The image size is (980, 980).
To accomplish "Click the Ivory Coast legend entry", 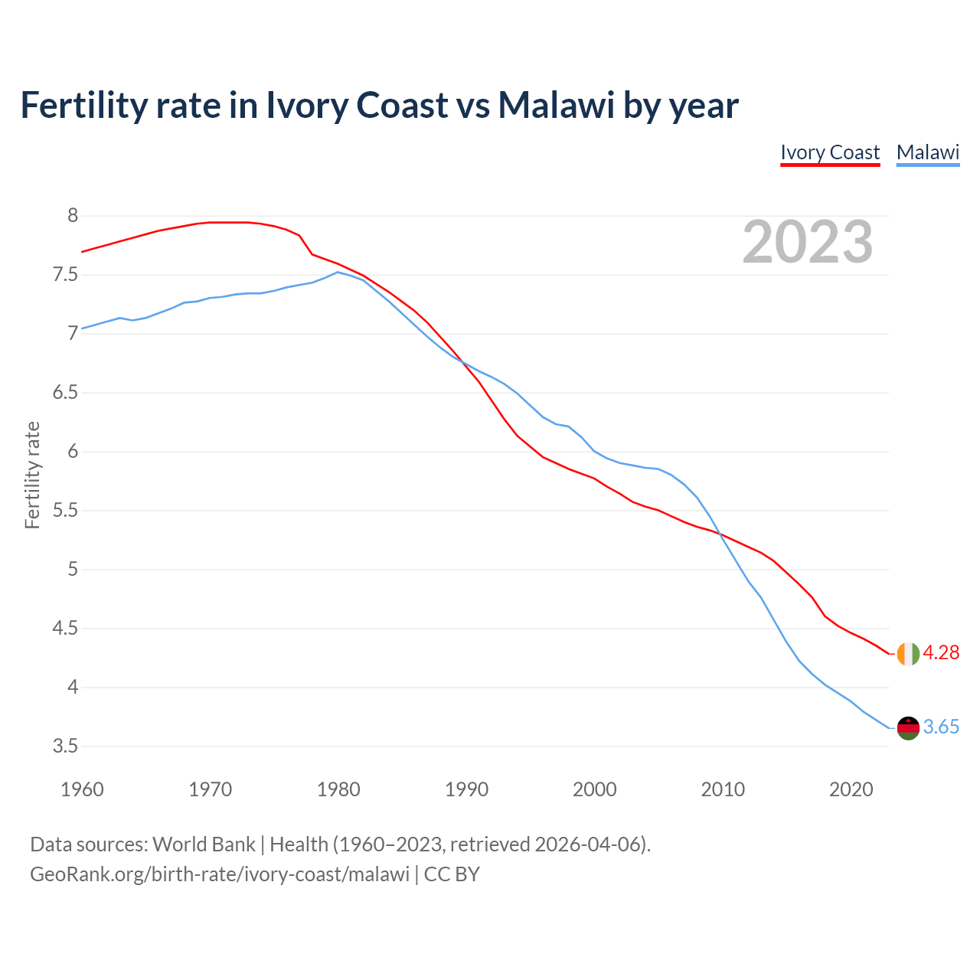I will [830, 152].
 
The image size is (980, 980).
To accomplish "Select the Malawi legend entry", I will [928, 152].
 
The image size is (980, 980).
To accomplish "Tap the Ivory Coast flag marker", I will [908, 654].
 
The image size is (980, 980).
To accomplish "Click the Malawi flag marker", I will [908, 728].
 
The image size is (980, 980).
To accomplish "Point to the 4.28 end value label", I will [941, 653].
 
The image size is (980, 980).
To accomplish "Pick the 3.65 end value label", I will [941, 727].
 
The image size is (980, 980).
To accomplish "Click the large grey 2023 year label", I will [808, 242].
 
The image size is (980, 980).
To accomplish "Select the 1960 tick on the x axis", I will [82, 789].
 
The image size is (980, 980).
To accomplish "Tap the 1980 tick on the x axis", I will [338, 789].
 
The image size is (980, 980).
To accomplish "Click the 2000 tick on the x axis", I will [595, 789].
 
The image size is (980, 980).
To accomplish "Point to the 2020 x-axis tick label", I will [851, 789].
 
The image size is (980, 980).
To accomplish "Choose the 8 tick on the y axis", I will [73, 216].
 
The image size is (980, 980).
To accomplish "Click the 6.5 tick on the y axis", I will [65, 393].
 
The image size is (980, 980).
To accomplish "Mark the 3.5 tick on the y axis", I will [65, 746].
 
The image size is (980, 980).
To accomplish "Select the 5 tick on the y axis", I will [73, 570].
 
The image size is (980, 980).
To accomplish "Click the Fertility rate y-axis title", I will [32, 475].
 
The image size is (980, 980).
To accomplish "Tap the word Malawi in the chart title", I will [556, 105].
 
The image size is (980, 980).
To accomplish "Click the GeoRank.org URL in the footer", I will [220, 874].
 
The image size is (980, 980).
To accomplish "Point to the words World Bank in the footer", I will [204, 844].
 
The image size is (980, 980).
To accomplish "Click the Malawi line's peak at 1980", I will [338, 272].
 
